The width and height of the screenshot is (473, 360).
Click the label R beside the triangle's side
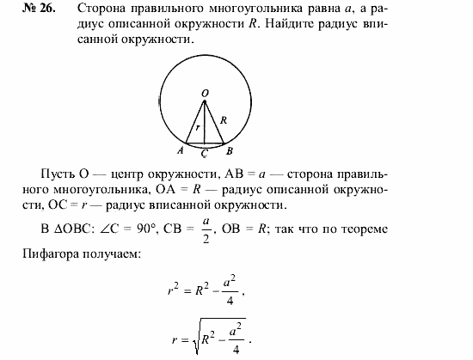tap(223, 121)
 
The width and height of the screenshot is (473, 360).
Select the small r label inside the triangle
tap(198, 127)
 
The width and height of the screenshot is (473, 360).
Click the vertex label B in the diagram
tap(230, 149)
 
